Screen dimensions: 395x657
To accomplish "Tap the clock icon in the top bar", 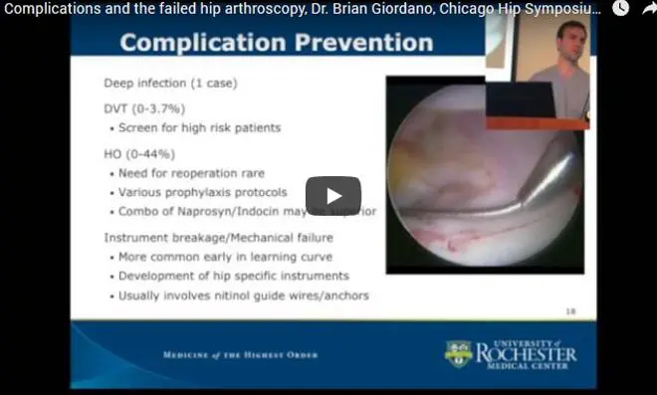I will click(x=620, y=8).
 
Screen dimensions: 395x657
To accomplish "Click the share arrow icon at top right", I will click(x=648, y=8).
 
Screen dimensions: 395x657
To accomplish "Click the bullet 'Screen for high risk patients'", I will click(x=199, y=127).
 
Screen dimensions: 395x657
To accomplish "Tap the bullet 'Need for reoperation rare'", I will click(x=189, y=173).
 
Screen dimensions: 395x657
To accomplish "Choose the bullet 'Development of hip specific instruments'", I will click(x=233, y=276).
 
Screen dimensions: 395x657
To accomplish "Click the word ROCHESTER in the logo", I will click(x=526, y=352).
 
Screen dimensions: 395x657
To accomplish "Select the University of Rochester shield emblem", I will click(x=458, y=353).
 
